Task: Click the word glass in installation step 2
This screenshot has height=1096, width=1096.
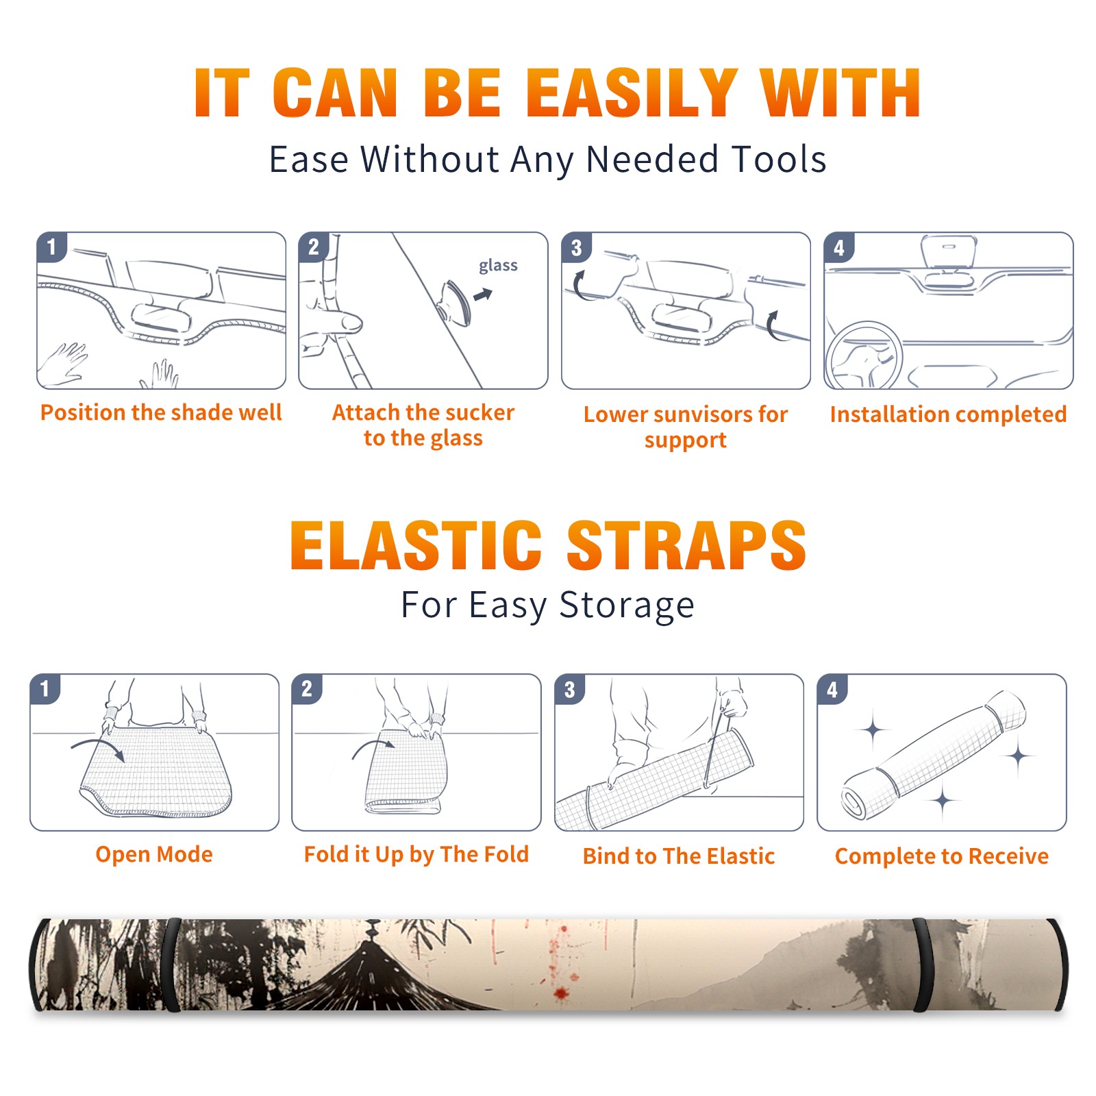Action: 498,266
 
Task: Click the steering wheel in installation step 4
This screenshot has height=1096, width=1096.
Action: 863,356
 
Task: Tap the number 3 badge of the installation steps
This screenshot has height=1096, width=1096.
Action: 576,247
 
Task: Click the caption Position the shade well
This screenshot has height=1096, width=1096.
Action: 161,412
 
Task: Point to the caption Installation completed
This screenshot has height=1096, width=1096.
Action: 948,414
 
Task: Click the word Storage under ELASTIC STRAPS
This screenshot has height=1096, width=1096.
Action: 627,605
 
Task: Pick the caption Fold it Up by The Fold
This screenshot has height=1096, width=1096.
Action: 416,854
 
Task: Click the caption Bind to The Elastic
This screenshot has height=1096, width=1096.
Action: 679,856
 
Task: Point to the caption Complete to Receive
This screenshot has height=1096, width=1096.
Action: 942,856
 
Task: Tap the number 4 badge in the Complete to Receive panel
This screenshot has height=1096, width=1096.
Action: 832,689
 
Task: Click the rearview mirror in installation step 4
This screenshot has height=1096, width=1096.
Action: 949,251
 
